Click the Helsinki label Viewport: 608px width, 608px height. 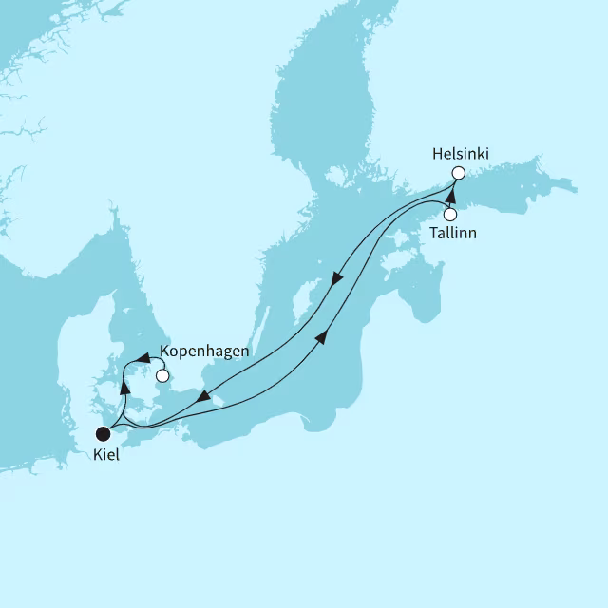pyautogui.click(x=462, y=152)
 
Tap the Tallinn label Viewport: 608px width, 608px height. pyautogui.click(x=452, y=233)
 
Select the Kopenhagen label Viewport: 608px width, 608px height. pyautogui.click(x=204, y=351)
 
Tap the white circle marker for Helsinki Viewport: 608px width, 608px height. pyautogui.click(x=458, y=173)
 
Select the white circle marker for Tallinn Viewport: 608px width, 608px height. pyautogui.click(x=450, y=215)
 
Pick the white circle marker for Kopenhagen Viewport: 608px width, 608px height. pyautogui.click(x=162, y=375)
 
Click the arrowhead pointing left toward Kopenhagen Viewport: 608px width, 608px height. pyautogui.click(x=141, y=358)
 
